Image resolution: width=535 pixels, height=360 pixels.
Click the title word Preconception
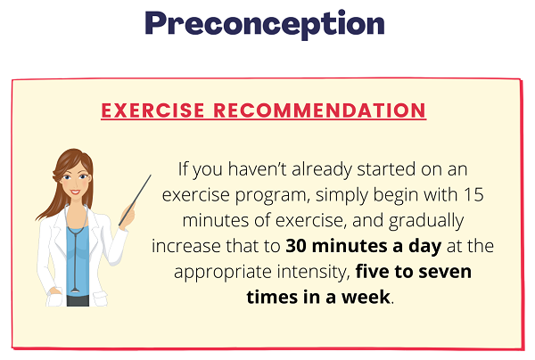[x=265, y=24]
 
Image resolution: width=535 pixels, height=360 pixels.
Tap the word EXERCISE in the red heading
[x=152, y=110]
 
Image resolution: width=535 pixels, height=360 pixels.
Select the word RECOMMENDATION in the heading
[x=320, y=110]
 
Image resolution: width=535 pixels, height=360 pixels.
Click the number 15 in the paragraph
[x=473, y=194]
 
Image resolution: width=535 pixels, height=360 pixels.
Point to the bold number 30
[x=297, y=246]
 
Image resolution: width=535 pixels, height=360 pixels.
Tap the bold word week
[x=366, y=297]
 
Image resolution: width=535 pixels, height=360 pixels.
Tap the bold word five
[x=372, y=272]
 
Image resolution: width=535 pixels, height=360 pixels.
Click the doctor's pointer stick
[x=136, y=200]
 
